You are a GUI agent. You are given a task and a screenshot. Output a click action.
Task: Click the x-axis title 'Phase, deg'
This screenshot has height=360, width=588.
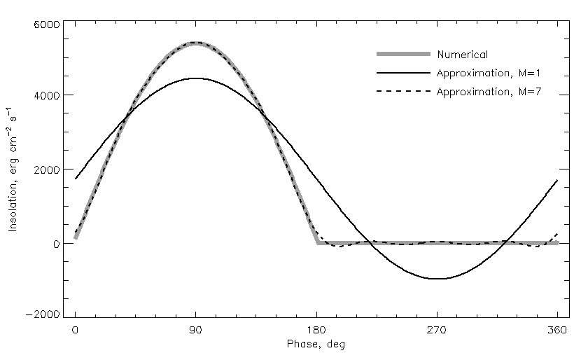click(x=316, y=344)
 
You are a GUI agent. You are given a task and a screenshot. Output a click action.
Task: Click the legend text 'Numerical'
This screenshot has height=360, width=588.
click(x=462, y=55)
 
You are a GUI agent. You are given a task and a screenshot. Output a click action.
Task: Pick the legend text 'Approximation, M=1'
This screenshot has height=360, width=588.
click(x=488, y=73)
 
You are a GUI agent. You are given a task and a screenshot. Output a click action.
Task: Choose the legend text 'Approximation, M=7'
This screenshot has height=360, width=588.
click(x=488, y=91)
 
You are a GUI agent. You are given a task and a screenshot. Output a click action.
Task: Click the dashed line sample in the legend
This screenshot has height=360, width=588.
click(x=402, y=91)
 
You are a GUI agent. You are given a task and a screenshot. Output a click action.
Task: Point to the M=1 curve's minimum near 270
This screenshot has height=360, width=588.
click(x=437, y=279)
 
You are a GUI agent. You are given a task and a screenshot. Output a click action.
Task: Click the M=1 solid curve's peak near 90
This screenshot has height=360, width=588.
click(x=196, y=78)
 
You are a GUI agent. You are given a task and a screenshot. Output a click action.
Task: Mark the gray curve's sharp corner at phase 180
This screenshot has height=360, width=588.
click(x=318, y=243)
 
